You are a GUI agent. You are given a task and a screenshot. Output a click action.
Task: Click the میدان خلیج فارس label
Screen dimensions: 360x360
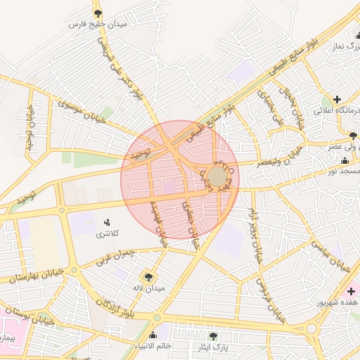click(97, 25)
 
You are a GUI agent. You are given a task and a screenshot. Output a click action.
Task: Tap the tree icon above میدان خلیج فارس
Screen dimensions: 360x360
click(98, 13)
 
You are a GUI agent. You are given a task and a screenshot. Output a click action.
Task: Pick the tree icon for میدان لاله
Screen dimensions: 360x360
click(149, 276)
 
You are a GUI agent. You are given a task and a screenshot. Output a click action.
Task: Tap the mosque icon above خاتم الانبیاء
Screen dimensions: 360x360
click(154, 335)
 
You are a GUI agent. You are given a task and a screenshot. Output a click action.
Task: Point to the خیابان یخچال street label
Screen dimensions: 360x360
click(292, 105)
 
